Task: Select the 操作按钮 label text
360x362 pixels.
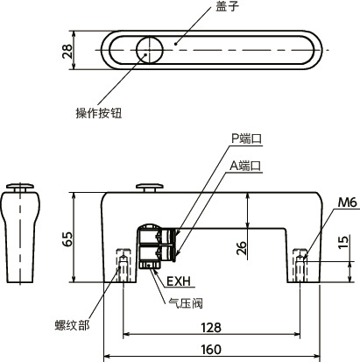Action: (97, 114)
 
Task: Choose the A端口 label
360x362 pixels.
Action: (246, 164)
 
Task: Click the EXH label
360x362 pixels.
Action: (178, 282)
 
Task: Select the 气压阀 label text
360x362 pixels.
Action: (185, 302)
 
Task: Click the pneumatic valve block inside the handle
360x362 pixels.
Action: (155, 245)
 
